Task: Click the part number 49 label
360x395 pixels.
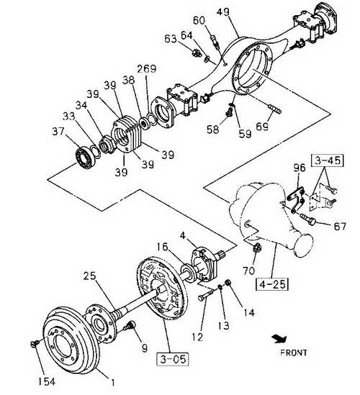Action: (223, 13)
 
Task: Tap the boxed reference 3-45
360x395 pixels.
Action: (327, 160)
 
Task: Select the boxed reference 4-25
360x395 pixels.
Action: (272, 284)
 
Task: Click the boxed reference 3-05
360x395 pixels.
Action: (173, 359)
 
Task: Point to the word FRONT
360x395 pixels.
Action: (294, 353)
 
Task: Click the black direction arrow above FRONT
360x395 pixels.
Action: (279, 339)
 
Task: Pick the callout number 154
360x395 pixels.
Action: (47, 381)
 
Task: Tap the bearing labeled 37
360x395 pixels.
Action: (85, 159)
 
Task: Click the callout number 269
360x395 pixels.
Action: (147, 69)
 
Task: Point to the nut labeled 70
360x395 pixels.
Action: (256, 248)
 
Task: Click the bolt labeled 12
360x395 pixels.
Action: (205, 295)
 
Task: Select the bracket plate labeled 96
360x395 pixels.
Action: (296, 199)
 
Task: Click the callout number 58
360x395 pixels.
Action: (213, 130)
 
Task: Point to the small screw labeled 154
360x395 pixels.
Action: (35, 344)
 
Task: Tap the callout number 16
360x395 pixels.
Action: (162, 247)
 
